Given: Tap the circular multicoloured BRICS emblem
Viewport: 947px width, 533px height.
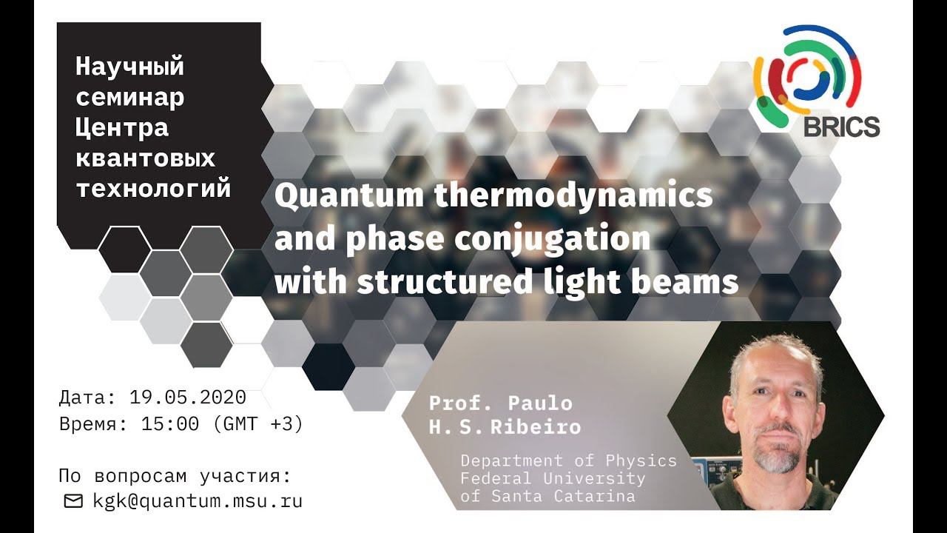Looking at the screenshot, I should [x=806, y=71].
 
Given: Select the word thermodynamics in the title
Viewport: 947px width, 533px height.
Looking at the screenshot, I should [x=567, y=197].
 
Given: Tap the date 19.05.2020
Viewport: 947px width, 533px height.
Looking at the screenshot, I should [x=187, y=398].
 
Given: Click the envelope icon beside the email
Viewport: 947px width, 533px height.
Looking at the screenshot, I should [x=73, y=501].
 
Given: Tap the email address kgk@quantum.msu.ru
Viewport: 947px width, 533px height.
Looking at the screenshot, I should [x=198, y=500].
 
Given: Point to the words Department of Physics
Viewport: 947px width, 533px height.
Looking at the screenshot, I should [x=568, y=460].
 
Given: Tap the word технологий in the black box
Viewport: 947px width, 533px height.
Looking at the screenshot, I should [x=154, y=188].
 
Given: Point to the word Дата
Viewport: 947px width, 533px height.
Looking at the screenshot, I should [x=83, y=398].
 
